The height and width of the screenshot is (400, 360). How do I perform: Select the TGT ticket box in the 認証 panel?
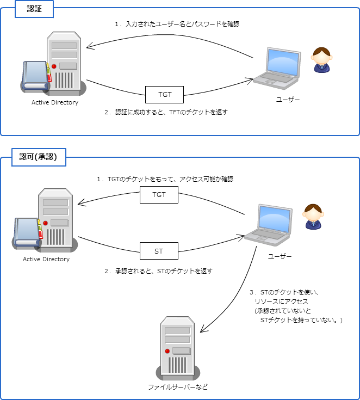pos(164,94)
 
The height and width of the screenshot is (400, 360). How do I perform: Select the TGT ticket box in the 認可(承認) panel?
pos(159,194)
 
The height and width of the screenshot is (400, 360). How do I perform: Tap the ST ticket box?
pos(159,251)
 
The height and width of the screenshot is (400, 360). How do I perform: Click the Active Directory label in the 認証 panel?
pos(55,102)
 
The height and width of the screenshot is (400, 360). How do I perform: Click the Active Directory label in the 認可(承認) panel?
pos(46,259)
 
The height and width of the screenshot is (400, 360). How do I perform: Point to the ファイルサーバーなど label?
pos(178,387)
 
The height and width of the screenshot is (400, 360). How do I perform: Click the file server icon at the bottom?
pos(178,348)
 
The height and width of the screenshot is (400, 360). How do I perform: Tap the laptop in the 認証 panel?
pos(277,67)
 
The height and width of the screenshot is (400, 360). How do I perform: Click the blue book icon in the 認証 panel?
pos(35,76)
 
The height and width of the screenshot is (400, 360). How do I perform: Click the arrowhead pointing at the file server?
pos(203,329)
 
